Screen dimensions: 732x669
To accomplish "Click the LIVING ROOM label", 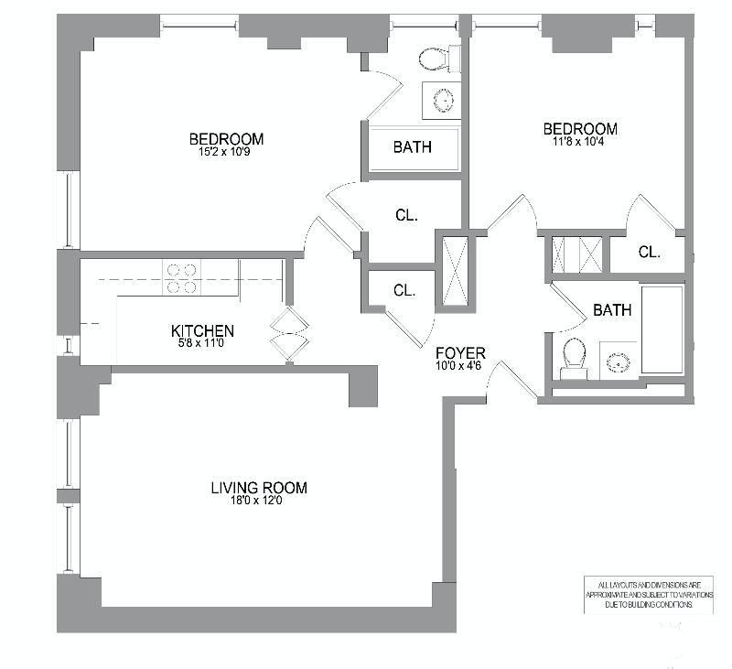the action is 259,488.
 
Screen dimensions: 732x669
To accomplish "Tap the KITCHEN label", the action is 203,330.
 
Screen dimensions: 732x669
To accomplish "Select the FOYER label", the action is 460,352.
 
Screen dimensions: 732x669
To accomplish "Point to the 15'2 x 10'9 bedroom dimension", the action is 226,152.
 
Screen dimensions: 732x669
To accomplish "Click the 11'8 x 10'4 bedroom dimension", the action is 579,142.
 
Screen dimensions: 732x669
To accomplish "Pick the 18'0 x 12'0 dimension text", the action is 259,502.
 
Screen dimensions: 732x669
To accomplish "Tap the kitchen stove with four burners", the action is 181,278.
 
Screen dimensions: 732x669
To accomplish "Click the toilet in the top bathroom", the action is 436,59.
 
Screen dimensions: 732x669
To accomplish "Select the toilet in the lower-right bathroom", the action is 575,356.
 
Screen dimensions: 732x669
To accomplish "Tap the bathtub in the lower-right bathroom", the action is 663,329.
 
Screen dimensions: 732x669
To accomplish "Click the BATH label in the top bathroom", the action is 413,146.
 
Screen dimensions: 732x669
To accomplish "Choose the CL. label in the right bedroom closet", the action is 650,251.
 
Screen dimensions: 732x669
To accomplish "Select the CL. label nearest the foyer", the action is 405,290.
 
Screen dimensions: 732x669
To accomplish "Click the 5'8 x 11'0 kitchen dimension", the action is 203,344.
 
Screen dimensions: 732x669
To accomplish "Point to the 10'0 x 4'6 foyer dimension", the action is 460,366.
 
